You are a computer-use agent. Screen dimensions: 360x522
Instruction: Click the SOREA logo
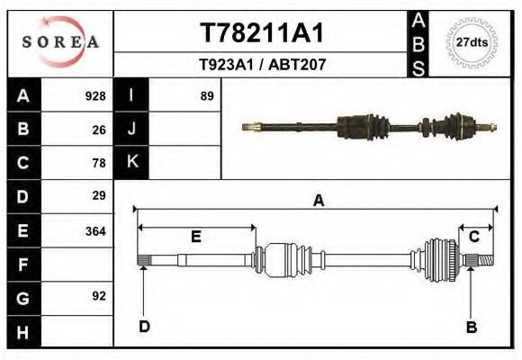point(59,42)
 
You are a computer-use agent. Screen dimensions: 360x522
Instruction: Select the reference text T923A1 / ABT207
point(262,65)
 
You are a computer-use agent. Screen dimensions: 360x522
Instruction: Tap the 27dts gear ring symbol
point(472,42)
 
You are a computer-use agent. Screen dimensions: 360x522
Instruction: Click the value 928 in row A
point(95,95)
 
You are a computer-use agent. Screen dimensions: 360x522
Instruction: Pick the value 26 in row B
point(99,130)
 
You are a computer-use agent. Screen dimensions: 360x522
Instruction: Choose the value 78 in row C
point(99,163)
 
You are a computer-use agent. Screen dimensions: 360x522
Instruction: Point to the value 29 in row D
point(99,195)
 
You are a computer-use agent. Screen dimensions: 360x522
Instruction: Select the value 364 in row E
point(95,230)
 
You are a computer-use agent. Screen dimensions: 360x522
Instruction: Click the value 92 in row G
point(99,295)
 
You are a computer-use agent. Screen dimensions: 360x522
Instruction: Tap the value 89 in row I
point(206,95)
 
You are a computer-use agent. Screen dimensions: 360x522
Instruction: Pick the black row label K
point(131,162)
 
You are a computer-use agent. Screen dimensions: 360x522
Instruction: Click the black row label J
point(131,129)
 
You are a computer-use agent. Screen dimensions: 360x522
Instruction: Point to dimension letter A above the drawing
point(318,202)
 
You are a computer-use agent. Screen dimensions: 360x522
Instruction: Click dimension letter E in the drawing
point(195,237)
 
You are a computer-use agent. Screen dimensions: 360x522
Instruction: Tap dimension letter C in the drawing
point(472,237)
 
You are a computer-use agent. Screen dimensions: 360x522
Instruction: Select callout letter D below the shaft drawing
point(144,326)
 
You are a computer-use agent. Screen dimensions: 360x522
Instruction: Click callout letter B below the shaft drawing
point(471,327)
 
